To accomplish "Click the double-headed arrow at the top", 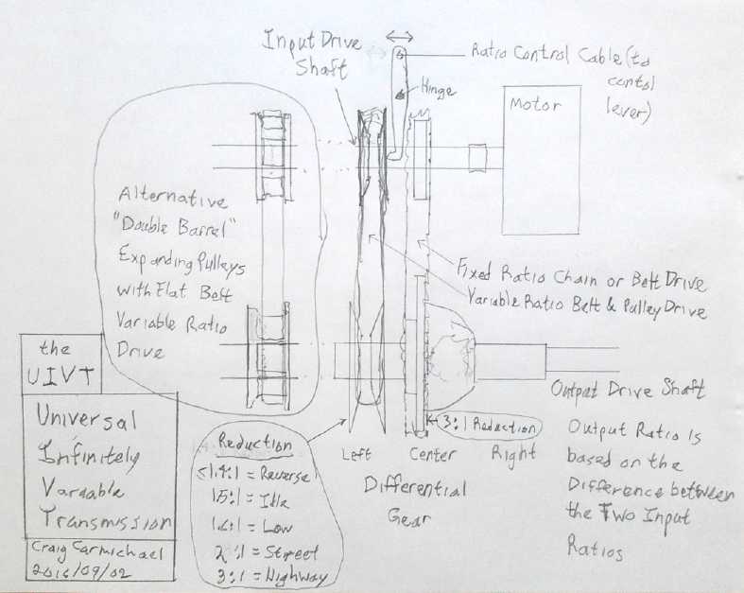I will coord(399,35).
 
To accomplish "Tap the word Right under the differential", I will coord(511,453).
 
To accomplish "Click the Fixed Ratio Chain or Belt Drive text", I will coord(580,281).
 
